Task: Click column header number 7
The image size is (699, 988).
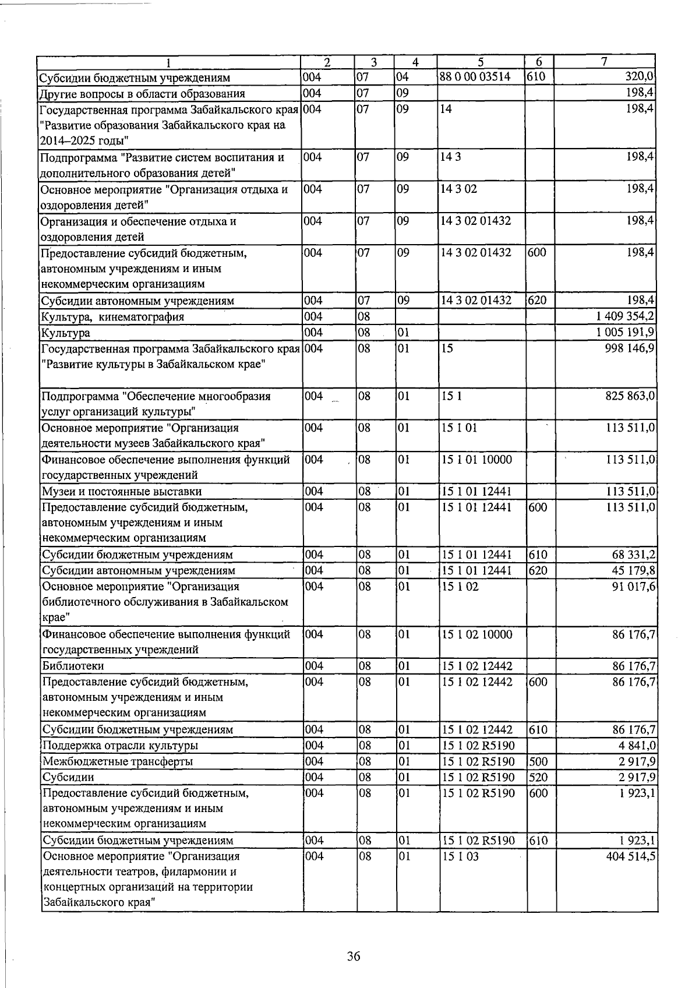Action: click(605, 62)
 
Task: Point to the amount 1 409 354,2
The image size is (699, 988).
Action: click(625, 317)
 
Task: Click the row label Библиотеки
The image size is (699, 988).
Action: click(65, 666)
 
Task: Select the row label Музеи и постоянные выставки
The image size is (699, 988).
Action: click(121, 492)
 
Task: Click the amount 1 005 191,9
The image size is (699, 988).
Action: click(625, 333)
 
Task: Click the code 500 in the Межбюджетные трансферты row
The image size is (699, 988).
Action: click(538, 761)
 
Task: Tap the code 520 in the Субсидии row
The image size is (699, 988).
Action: click(538, 777)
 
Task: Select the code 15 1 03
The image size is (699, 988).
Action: click(460, 856)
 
